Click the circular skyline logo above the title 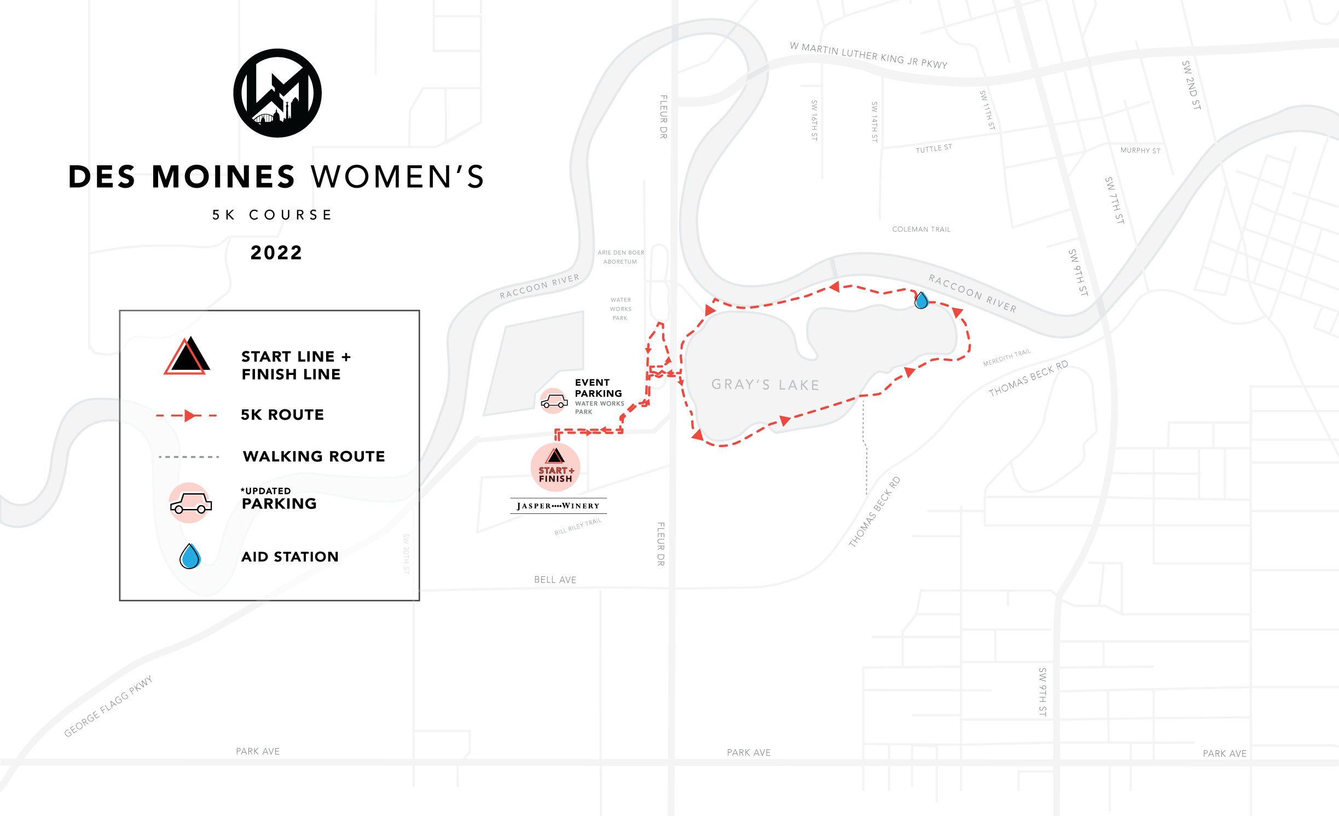tap(277, 93)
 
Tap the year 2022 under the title tap(276, 253)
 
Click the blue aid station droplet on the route tap(921, 300)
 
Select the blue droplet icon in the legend tap(190, 556)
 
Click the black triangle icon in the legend tap(187, 356)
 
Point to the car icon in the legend tap(190, 503)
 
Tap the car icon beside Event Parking tap(554, 402)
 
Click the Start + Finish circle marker tap(555, 467)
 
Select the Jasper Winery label tap(558, 506)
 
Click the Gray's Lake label tap(766, 385)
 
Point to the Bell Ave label tap(555, 580)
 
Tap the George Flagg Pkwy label tap(108, 707)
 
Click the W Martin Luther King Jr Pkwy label tap(868, 55)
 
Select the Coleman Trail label tap(921, 229)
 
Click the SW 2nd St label tap(1191, 85)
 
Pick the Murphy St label tap(1140, 151)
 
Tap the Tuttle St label tap(934, 148)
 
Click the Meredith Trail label tap(1006, 357)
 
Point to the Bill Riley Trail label tap(577, 527)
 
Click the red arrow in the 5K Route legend tap(189, 415)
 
